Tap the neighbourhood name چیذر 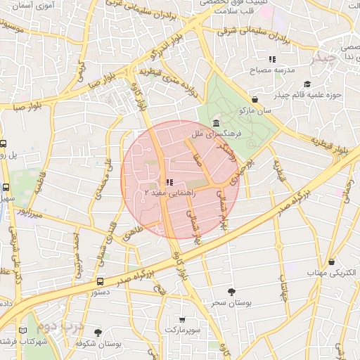tap(324, 57)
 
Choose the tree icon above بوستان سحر tap(232, 291)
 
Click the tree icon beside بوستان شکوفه tap(98, 332)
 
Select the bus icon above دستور tap(101, 281)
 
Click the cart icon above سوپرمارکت tap(183, 320)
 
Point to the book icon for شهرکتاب tap(24, 330)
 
